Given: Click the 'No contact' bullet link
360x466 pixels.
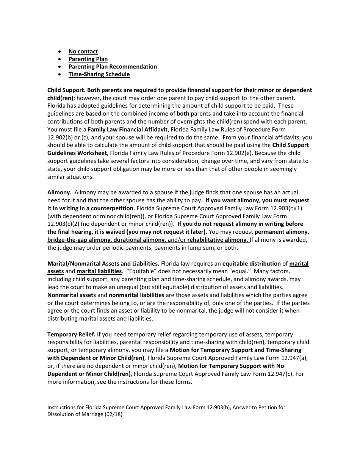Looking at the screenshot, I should click(83, 52).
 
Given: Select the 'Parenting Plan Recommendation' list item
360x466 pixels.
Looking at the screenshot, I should click(113, 67).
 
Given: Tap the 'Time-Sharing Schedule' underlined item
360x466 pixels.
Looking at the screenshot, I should click(99, 74).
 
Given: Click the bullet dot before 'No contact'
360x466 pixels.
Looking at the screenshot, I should click(60, 52).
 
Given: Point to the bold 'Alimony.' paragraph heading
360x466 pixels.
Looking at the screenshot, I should click(59, 192).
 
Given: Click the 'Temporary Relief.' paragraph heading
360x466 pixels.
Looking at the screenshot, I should click(71, 335).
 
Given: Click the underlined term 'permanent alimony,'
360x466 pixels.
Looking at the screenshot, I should click(282, 232).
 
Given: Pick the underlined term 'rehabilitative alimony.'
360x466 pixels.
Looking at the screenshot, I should click(218, 240).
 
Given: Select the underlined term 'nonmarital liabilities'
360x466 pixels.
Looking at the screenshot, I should click(136, 295).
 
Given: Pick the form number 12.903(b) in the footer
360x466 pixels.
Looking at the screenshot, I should click(219, 408).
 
